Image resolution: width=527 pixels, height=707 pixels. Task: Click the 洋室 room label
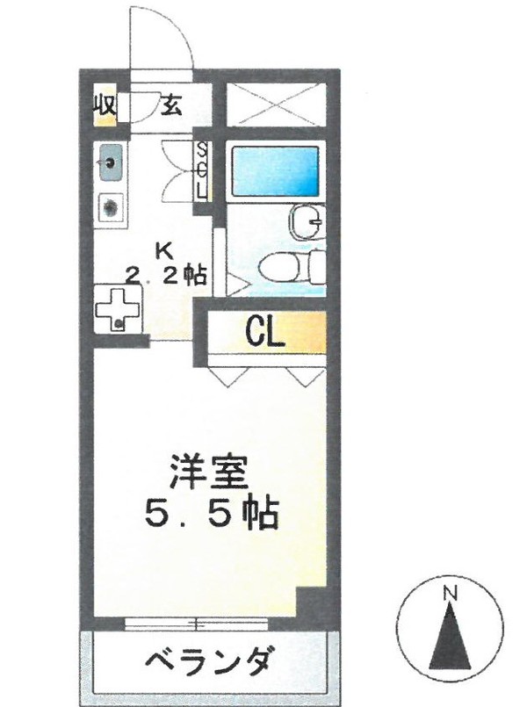[x=209, y=473]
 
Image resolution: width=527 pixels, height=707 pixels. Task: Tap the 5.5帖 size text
[x=211, y=514]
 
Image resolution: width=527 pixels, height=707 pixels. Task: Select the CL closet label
[x=265, y=332]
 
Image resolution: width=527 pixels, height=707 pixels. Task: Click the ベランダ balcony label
[x=209, y=662]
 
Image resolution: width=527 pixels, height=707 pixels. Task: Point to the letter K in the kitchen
[x=164, y=251]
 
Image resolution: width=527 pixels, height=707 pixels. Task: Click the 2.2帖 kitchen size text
[x=166, y=275]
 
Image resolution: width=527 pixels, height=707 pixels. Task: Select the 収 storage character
[x=105, y=105]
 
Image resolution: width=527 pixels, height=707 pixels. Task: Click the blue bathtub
[x=275, y=171]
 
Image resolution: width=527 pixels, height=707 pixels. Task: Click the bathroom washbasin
[x=308, y=222]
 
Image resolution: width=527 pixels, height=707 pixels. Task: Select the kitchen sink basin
[x=110, y=162]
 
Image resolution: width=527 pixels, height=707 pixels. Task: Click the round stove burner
[x=111, y=208]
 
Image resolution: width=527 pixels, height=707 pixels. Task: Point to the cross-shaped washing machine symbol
[x=118, y=310]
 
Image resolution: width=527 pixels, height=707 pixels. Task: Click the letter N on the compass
[x=450, y=593]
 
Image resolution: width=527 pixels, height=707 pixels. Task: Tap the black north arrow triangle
[x=450, y=636]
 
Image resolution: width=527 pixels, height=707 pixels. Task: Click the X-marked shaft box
[x=276, y=105]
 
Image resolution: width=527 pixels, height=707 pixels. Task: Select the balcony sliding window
[x=196, y=624]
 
